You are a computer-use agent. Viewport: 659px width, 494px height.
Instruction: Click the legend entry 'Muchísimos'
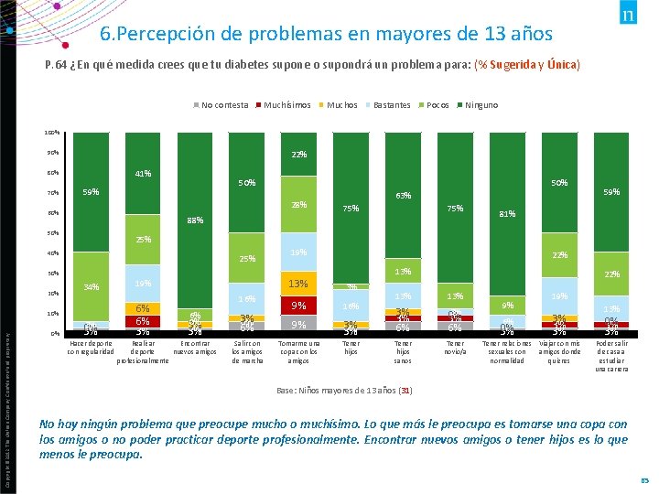286,105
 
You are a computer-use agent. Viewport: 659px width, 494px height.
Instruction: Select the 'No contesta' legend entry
224,105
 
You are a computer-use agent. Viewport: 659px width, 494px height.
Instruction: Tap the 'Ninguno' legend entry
481,105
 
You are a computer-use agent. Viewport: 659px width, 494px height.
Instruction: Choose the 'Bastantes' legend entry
392,105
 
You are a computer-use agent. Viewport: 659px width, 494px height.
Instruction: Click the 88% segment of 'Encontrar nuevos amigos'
194,220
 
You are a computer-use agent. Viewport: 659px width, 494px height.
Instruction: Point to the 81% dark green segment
507,214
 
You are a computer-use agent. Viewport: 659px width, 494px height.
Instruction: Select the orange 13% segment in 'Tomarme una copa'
298,283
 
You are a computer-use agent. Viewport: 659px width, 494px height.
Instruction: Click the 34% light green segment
91,286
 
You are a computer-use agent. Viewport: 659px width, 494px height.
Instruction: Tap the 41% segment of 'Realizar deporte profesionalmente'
142,174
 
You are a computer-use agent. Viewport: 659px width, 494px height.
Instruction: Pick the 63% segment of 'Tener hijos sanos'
403,196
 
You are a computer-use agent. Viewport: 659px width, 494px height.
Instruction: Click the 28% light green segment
298,204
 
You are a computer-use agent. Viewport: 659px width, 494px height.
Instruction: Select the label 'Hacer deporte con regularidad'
91,348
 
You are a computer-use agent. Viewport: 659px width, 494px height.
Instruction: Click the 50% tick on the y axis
54,233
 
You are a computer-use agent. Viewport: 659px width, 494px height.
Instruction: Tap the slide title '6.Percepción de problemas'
326,35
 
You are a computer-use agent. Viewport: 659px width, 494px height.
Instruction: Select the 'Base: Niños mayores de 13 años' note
344,391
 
